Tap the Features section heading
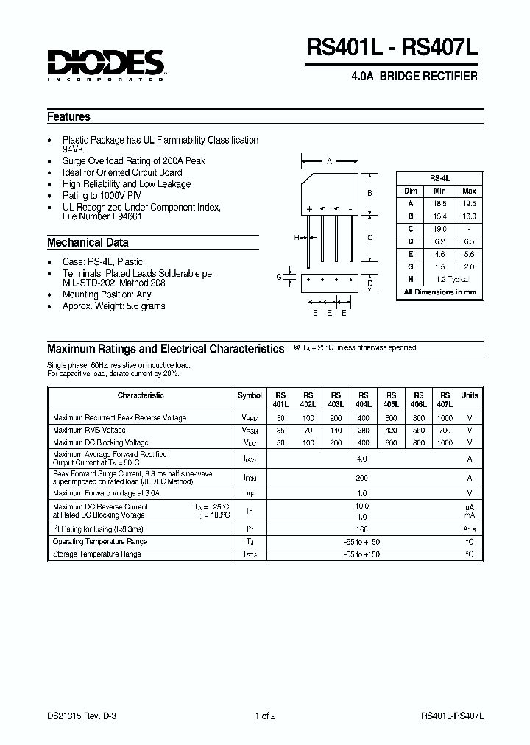(x=68, y=116)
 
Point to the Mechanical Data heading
(x=88, y=242)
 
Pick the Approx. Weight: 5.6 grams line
(x=113, y=306)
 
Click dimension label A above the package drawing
(x=329, y=161)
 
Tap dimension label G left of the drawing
(x=279, y=277)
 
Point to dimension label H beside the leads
(x=296, y=237)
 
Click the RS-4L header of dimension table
(x=439, y=178)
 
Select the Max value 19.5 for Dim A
(x=469, y=203)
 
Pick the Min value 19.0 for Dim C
(x=440, y=229)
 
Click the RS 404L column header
(x=364, y=400)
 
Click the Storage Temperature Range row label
(x=96, y=554)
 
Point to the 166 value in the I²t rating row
(x=361, y=529)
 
